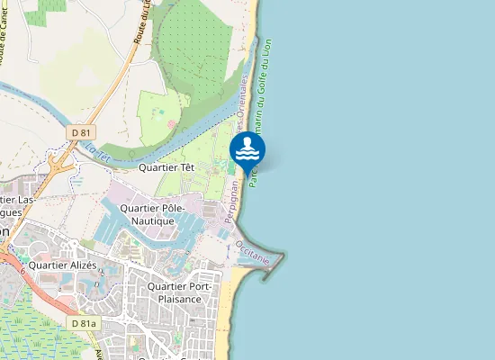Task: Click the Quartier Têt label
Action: click(167, 166)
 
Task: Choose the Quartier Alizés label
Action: click(62, 265)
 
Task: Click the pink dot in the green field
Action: click(169, 122)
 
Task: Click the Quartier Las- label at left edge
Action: click(20, 199)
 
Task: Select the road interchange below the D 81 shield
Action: click(61, 166)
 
